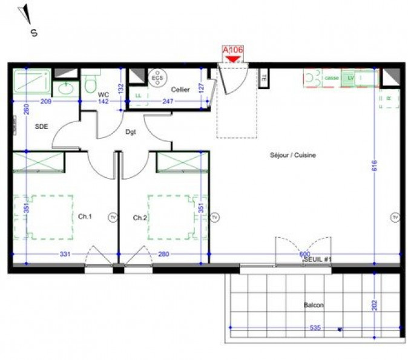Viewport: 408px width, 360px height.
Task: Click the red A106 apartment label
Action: coord(233,50)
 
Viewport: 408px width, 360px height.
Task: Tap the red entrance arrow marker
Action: coord(234,59)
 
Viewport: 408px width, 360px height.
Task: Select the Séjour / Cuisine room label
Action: coord(293,155)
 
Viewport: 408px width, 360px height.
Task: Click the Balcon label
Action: coord(314,306)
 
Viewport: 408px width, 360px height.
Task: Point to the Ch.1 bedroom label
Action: coord(85,217)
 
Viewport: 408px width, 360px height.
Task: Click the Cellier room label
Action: coord(180,90)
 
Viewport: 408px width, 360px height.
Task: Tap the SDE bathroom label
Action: coord(42,126)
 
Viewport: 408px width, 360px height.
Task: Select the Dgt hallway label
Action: coord(131,131)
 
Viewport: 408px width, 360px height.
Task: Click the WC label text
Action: coord(103,95)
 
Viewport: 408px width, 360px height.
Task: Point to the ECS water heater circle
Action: coord(157,78)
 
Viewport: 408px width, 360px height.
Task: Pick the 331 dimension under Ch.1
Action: coord(65,255)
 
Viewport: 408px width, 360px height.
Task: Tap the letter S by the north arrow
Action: coord(34,33)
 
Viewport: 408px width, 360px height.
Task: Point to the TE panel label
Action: coord(264,77)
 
